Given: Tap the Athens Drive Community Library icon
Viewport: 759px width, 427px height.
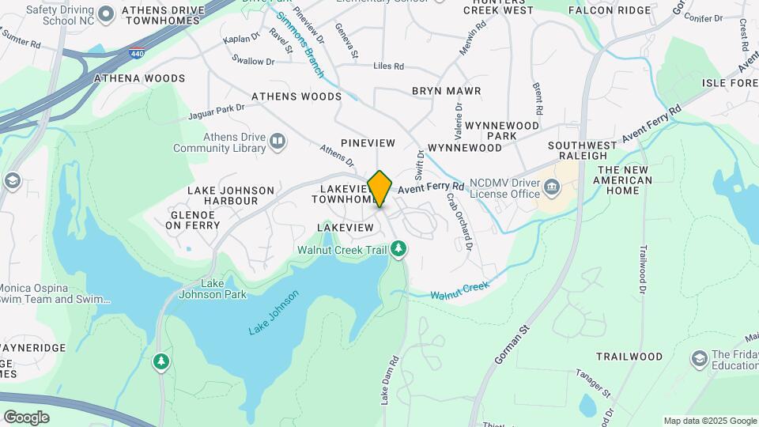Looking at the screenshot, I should pyautogui.click(x=278, y=142).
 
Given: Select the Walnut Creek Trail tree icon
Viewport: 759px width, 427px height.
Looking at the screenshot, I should pyautogui.click(x=399, y=250).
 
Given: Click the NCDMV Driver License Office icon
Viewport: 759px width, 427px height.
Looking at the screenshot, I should pyautogui.click(x=552, y=187).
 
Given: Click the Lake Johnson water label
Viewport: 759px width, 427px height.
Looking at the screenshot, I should pyautogui.click(x=274, y=312).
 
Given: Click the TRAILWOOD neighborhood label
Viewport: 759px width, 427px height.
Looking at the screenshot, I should pyautogui.click(x=629, y=357).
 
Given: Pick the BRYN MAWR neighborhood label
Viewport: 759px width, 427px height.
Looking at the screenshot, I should pyautogui.click(x=446, y=91).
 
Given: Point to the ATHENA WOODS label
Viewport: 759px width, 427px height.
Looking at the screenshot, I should pyautogui.click(x=139, y=78).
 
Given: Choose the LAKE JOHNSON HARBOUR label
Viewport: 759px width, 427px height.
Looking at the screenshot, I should pyautogui.click(x=231, y=195).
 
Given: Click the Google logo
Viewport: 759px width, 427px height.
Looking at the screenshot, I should pyautogui.click(x=26, y=418).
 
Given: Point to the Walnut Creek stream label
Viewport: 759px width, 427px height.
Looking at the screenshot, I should pyautogui.click(x=461, y=290).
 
